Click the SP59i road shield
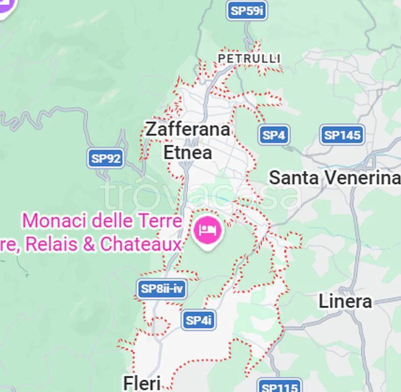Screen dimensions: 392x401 pos(247,11)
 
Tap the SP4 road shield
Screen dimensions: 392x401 pos(274,135)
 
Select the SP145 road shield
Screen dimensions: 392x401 pos(342,135)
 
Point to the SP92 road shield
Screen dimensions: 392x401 pos(106,158)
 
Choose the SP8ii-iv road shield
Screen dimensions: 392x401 pos(162,289)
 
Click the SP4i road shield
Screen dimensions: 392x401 pos(198,320)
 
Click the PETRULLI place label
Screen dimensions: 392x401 pos(249,59)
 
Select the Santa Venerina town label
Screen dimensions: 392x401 pos(334,178)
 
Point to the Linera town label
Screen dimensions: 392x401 pos(345,301)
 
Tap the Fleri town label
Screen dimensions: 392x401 pos(142,382)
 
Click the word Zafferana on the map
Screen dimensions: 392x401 pos(187,129)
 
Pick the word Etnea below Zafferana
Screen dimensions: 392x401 pos(187,152)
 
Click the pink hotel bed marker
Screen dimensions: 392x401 pos(208,230)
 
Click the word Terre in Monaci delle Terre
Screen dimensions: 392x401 pos(160,221)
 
